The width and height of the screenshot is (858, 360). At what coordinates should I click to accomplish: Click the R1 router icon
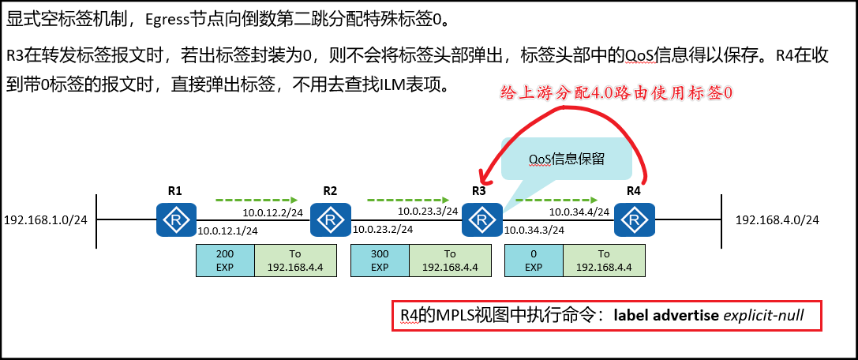tap(175, 219)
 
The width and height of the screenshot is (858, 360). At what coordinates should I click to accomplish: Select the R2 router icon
tap(330, 219)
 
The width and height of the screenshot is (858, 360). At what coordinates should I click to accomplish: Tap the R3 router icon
tap(482, 219)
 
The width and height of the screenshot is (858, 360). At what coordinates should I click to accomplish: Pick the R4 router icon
tap(635, 219)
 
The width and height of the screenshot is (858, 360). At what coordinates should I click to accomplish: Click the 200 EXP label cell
tap(225, 261)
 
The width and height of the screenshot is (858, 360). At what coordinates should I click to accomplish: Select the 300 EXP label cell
tap(380, 261)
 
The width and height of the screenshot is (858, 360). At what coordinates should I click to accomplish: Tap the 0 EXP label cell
tap(534, 261)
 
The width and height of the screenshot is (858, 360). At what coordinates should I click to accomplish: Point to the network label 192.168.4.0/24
tap(777, 219)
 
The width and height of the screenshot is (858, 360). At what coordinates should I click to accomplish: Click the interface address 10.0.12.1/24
tap(227, 231)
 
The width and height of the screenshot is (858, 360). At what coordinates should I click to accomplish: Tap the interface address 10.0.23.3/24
tap(427, 212)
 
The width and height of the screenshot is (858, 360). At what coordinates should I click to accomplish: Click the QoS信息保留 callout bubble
tap(568, 159)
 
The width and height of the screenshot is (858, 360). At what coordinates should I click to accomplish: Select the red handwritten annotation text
tap(617, 92)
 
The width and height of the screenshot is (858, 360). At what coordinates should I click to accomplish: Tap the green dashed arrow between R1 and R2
tap(256, 199)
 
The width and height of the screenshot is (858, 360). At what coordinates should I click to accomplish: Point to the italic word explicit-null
tap(763, 316)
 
